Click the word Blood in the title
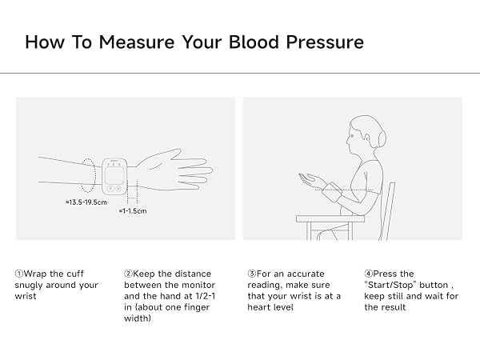click(x=254, y=42)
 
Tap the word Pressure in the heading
click(x=325, y=42)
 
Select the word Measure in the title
click(x=137, y=42)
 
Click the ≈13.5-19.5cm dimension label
click(x=86, y=202)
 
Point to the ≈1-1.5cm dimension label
click(x=133, y=211)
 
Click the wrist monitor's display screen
click(x=114, y=174)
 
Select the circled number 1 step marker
click(x=19, y=274)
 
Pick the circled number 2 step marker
click(x=128, y=274)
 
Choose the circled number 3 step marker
click(x=252, y=274)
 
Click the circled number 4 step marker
click(x=368, y=274)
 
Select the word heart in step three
click(x=258, y=307)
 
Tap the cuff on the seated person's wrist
click(x=333, y=192)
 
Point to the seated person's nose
click(x=348, y=141)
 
